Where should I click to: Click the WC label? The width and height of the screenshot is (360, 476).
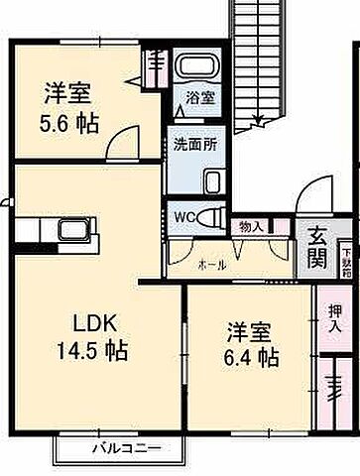click(x=183, y=214)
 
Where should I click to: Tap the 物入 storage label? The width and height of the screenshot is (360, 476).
click(x=251, y=226)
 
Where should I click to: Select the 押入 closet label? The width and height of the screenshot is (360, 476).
click(x=334, y=317)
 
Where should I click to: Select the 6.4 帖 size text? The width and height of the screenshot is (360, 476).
click(x=249, y=355)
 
